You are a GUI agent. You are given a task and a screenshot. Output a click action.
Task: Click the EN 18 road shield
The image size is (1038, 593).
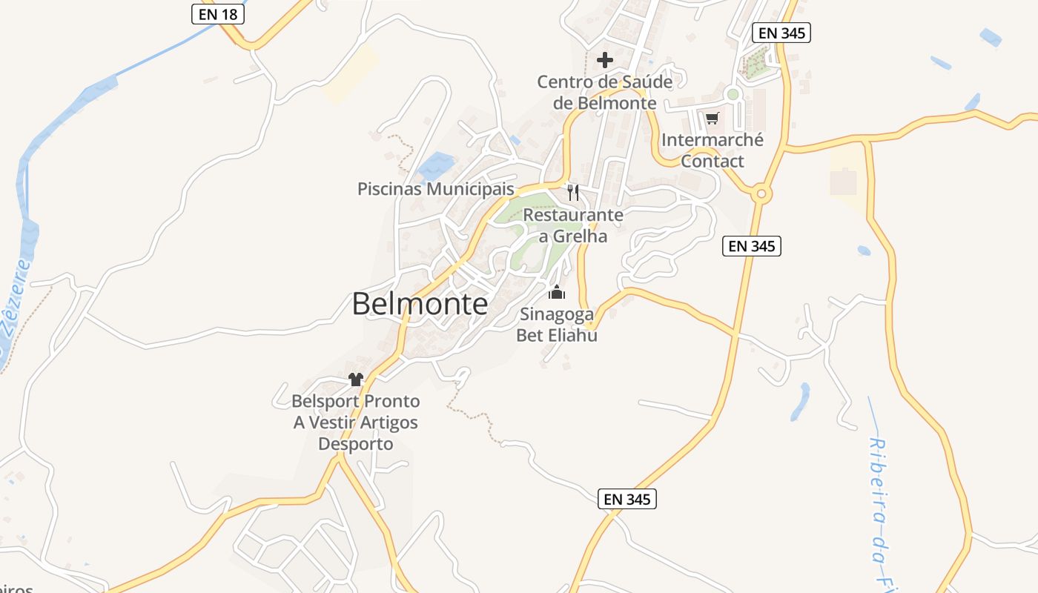[x=218, y=14]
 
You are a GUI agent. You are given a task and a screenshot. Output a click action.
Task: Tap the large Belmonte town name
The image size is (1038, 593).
[x=420, y=304]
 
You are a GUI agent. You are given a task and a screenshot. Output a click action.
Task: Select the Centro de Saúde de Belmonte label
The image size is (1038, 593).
[x=605, y=93]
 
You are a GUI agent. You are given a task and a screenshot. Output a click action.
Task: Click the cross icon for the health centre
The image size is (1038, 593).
[x=605, y=60]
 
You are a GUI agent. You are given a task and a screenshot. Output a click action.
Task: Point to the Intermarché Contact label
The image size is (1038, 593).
[x=712, y=150]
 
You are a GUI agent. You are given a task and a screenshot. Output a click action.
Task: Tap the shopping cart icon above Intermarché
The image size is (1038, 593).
[x=713, y=118]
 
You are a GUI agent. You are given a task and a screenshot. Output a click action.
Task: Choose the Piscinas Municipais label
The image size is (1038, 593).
[x=435, y=189]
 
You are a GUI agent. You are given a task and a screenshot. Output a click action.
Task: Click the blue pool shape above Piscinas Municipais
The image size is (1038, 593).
[x=436, y=166]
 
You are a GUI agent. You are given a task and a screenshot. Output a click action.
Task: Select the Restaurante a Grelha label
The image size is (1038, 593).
[x=573, y=225]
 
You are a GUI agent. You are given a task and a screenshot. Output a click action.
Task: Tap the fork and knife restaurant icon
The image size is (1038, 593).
[x=572, y=193]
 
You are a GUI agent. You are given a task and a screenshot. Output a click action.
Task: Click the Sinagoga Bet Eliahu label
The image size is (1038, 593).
[x=557, y=325]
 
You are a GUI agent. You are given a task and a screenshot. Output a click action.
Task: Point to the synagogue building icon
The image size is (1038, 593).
[x=557, y=293]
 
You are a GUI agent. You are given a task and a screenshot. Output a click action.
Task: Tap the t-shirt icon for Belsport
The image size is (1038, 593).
[x=356, y=380]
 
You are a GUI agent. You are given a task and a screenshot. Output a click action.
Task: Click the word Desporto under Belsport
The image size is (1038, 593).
[x=355, y=444]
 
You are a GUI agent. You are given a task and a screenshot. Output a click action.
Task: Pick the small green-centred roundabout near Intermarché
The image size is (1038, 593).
[x=733, y=94]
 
